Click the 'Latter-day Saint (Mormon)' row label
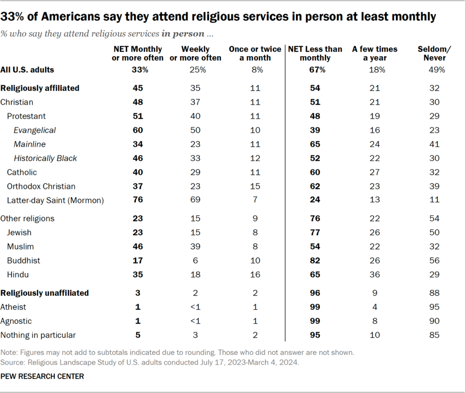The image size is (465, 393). click(x=55, y=200)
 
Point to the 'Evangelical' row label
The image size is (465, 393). click(x=35, y=130)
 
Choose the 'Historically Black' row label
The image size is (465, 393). click(x=45, y=158)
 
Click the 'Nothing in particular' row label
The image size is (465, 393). click(x=38, y=335)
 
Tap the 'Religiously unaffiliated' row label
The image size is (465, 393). click(x=45, y=293)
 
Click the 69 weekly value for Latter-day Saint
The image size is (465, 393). click(x=195, y=200)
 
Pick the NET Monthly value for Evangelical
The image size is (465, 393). click(x=137, y=130)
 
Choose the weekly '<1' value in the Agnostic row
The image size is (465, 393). click(x=195, y=321)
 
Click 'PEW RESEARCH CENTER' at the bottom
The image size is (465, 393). click(x=42, y=377)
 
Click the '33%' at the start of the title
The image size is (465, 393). click(x=12, y=17)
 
